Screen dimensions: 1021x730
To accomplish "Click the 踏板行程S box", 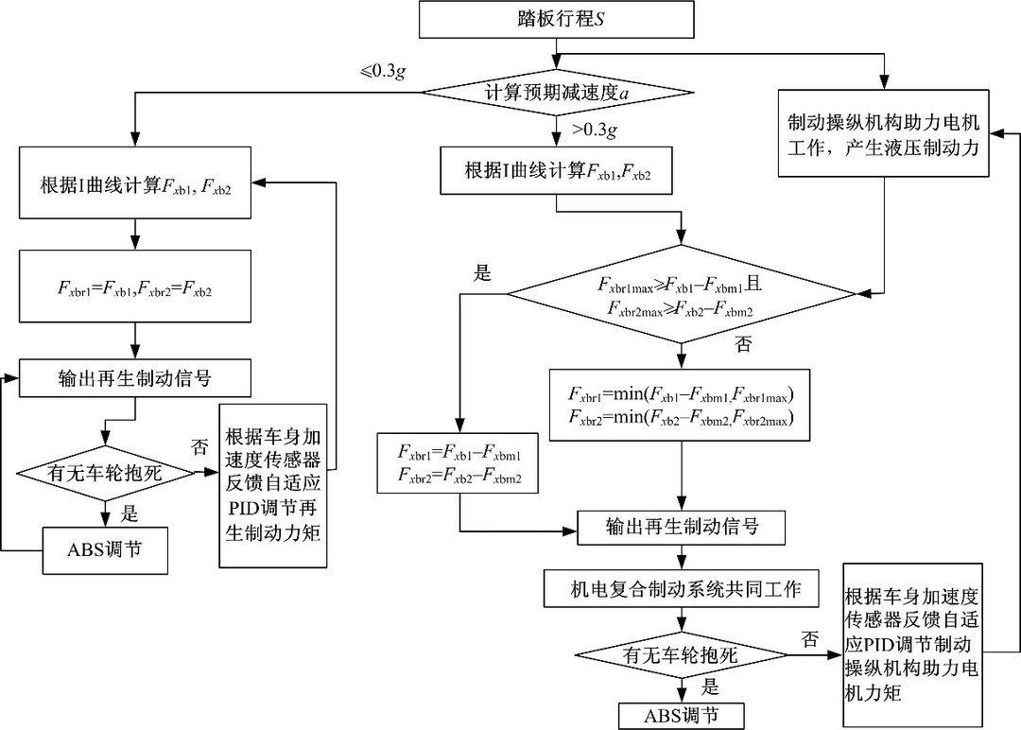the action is (x=556, y=20).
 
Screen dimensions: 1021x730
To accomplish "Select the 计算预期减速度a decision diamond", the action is (x=556, y=93).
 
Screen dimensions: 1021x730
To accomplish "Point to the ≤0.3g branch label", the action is (x=383, y=71).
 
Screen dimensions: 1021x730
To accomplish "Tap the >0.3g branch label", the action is (x=594, y=130).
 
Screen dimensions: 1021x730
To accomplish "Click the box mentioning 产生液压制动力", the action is (x=884, y=133).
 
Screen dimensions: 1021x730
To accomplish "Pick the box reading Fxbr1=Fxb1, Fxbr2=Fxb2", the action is (x=135, y=286).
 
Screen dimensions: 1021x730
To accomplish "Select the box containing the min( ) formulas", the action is (x=681, y=405).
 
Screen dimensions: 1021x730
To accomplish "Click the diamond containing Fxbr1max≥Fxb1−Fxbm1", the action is (x=681, y=294).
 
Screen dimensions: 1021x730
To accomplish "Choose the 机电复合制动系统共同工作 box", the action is (x=681, y=589).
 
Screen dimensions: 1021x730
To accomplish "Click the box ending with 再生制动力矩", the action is (x=273, y=486).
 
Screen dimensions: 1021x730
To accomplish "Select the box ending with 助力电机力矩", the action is (x=912, y=645).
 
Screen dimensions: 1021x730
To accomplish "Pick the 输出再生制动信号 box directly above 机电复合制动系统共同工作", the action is (x=682, y=527).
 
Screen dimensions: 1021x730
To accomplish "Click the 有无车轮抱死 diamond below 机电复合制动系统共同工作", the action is (x=681, y=654).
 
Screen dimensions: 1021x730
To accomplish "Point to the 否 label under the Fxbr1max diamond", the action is (x=743, y=344).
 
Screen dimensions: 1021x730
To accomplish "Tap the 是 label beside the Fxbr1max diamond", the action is (x=482, y=273).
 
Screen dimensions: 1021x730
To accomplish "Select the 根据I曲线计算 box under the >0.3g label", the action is (x=556, y=170).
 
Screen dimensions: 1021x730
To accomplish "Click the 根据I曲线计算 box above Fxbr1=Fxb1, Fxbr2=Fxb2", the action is (x=135, y=182).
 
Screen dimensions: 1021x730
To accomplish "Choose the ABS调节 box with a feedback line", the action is (x=105, y=550).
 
